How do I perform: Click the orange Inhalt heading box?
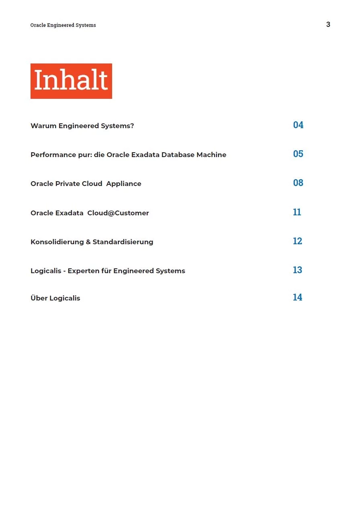point(71,81)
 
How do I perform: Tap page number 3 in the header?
point(328,25)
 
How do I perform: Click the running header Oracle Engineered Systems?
point(63,25)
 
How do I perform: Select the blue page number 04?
point(298,125)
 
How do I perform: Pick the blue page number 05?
point(298,154)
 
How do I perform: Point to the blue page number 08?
point(298,183)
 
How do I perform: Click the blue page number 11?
point(297,212)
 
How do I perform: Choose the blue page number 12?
point(297,241)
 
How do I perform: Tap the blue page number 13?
point(297,270)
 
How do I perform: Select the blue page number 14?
point(297,297)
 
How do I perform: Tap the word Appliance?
point(124,184)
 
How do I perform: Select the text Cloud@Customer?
point(118,213)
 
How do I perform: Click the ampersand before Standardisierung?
point(88,242)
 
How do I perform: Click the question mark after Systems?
point(132,126)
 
